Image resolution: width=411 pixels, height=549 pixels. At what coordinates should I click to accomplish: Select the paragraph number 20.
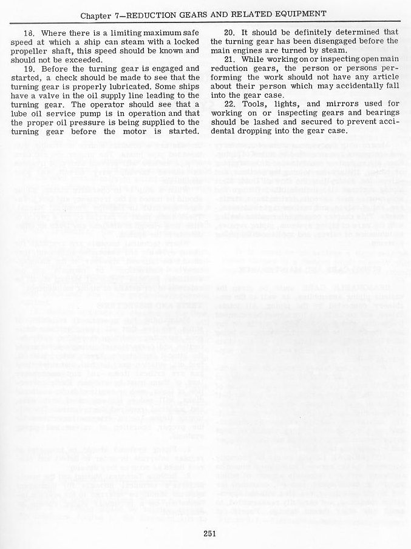[x=229, y=32]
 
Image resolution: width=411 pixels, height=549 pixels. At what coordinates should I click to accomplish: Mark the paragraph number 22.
[x=229, y=104]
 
